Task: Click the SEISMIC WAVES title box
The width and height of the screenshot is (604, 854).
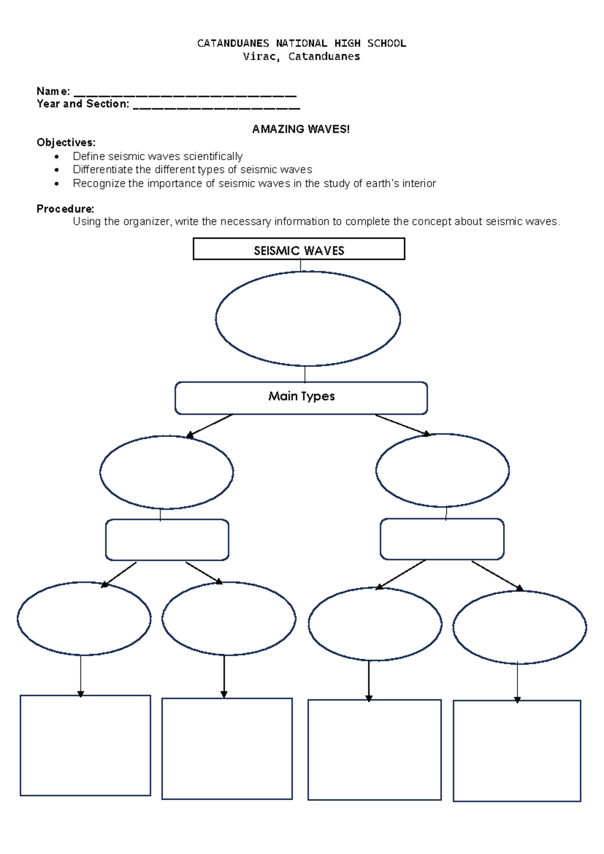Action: (299, 249)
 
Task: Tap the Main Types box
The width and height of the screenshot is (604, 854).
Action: (301, 397)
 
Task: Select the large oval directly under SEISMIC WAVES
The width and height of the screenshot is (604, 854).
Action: (308, 319)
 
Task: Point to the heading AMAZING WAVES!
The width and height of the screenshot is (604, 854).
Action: (300, 129)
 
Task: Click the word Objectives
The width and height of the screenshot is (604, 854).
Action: (65, 143)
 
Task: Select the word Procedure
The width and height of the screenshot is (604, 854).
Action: (65, 209)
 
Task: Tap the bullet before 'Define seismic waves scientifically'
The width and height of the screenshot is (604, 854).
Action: (57, 157)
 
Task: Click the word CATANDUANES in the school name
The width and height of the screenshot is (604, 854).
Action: (233, 43)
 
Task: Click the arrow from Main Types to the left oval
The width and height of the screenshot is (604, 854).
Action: (209, 426)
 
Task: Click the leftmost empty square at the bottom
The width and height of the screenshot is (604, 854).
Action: (85, 745)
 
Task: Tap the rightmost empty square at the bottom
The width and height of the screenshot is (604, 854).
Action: (517, 750)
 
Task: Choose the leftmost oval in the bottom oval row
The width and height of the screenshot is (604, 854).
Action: (84, 618)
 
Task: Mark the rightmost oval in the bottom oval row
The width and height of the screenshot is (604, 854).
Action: (519, 627)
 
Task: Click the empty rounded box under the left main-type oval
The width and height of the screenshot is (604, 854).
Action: (167, 540)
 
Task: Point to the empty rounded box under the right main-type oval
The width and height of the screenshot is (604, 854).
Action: (442, 539)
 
